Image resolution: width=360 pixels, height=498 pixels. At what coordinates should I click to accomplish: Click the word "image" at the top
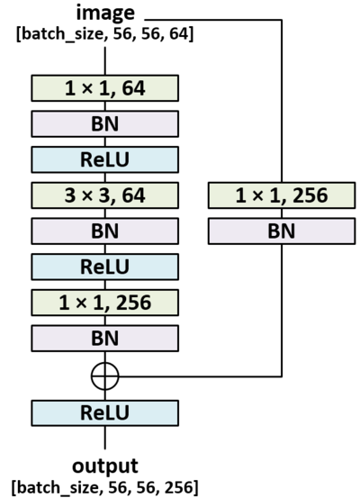[105, 14]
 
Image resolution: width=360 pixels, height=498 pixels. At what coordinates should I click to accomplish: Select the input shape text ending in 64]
[105, 34]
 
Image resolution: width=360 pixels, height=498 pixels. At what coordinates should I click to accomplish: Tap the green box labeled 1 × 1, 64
[105, 88]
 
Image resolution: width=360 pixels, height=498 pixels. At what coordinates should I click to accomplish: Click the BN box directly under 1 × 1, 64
[105, 123]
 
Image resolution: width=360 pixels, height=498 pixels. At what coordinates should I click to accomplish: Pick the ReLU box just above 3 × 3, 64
[105, 158]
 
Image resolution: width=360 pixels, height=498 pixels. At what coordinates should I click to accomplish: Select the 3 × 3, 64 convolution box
[105, 195]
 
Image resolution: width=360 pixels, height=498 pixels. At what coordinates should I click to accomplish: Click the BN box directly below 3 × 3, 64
[105, 230]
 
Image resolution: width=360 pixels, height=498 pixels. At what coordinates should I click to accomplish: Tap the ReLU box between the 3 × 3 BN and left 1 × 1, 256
[105, 266]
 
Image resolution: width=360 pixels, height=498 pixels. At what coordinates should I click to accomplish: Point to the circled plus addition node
[105, 376]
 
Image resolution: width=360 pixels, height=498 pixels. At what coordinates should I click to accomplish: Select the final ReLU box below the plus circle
[105, 412]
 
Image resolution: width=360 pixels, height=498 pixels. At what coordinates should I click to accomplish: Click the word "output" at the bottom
[105, 466]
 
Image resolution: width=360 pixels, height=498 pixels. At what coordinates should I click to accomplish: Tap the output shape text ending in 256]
[105, 486]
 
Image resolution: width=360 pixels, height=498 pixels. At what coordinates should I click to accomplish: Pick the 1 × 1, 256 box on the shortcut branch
[282, 195]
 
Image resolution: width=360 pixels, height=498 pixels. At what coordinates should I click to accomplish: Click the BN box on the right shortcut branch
[282, 230]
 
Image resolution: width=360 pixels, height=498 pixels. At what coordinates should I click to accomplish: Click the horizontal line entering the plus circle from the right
[198, 376]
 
